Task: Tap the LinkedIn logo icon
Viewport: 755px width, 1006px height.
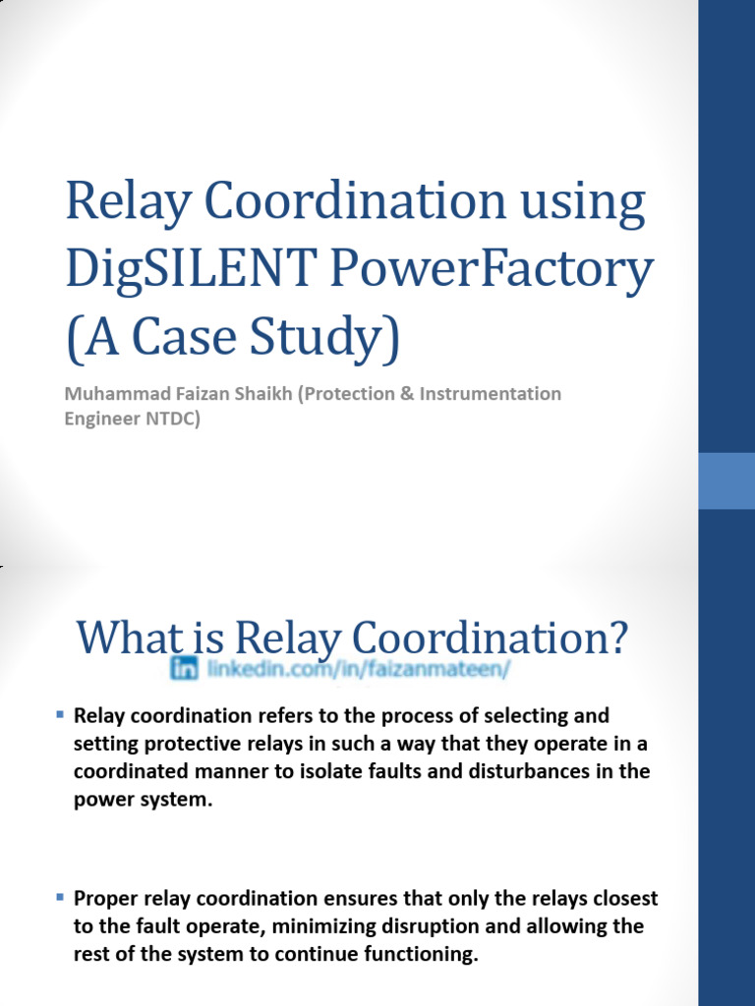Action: coord(184,669)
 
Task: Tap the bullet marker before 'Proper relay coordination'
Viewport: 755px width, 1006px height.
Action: coord(60,896)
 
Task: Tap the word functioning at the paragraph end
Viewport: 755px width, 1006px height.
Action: coord(425,955)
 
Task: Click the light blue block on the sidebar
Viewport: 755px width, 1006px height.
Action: coord(726,480)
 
